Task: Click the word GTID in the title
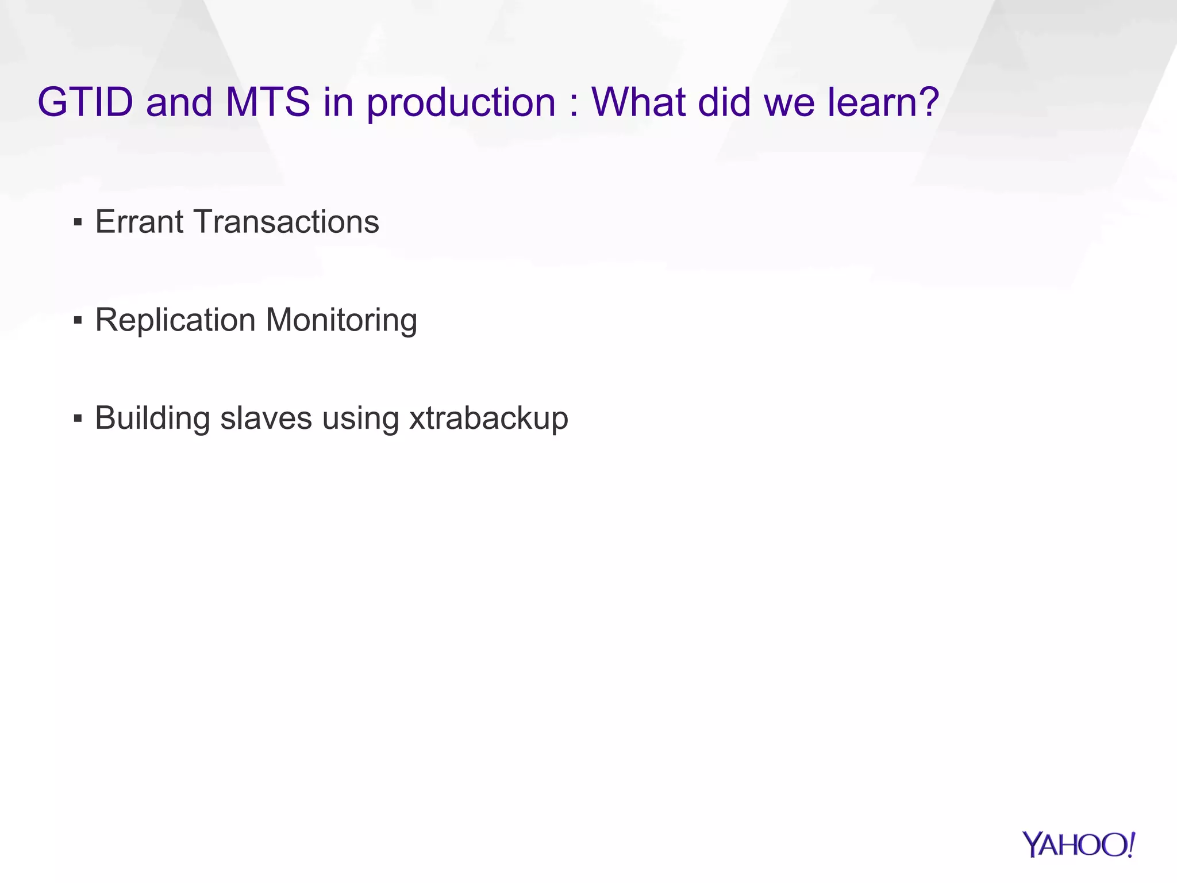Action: [x=85, y=102]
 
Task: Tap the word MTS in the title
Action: [x=268, y=102]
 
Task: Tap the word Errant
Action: [x=139, y=222]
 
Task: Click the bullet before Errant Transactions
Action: [x=78, y=222]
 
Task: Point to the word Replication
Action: [x=175, y=320]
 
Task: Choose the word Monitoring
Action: [x=341, y=321]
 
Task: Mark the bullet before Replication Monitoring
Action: [x=78, y=320]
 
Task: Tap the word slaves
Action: [x=266, y=419]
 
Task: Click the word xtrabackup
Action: [x=489, y=419]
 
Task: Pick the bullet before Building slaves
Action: [x=78, y=419]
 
